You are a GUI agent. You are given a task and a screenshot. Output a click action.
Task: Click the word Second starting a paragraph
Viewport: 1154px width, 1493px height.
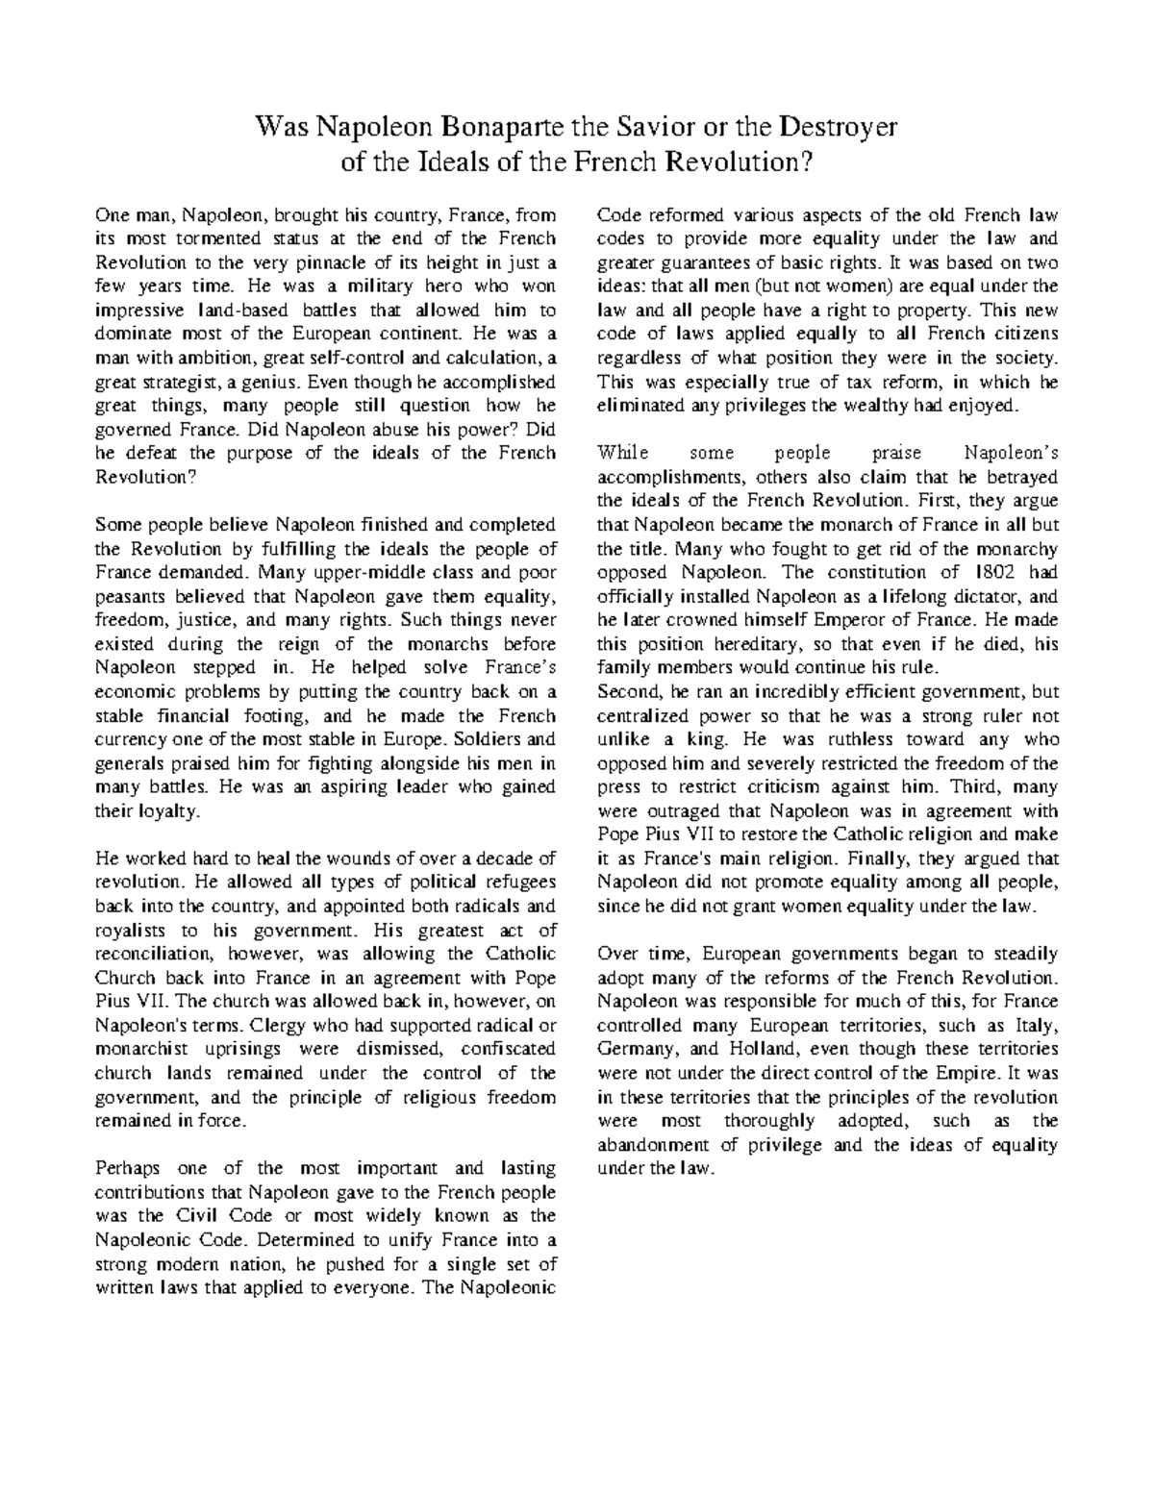(x=627, y=691)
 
